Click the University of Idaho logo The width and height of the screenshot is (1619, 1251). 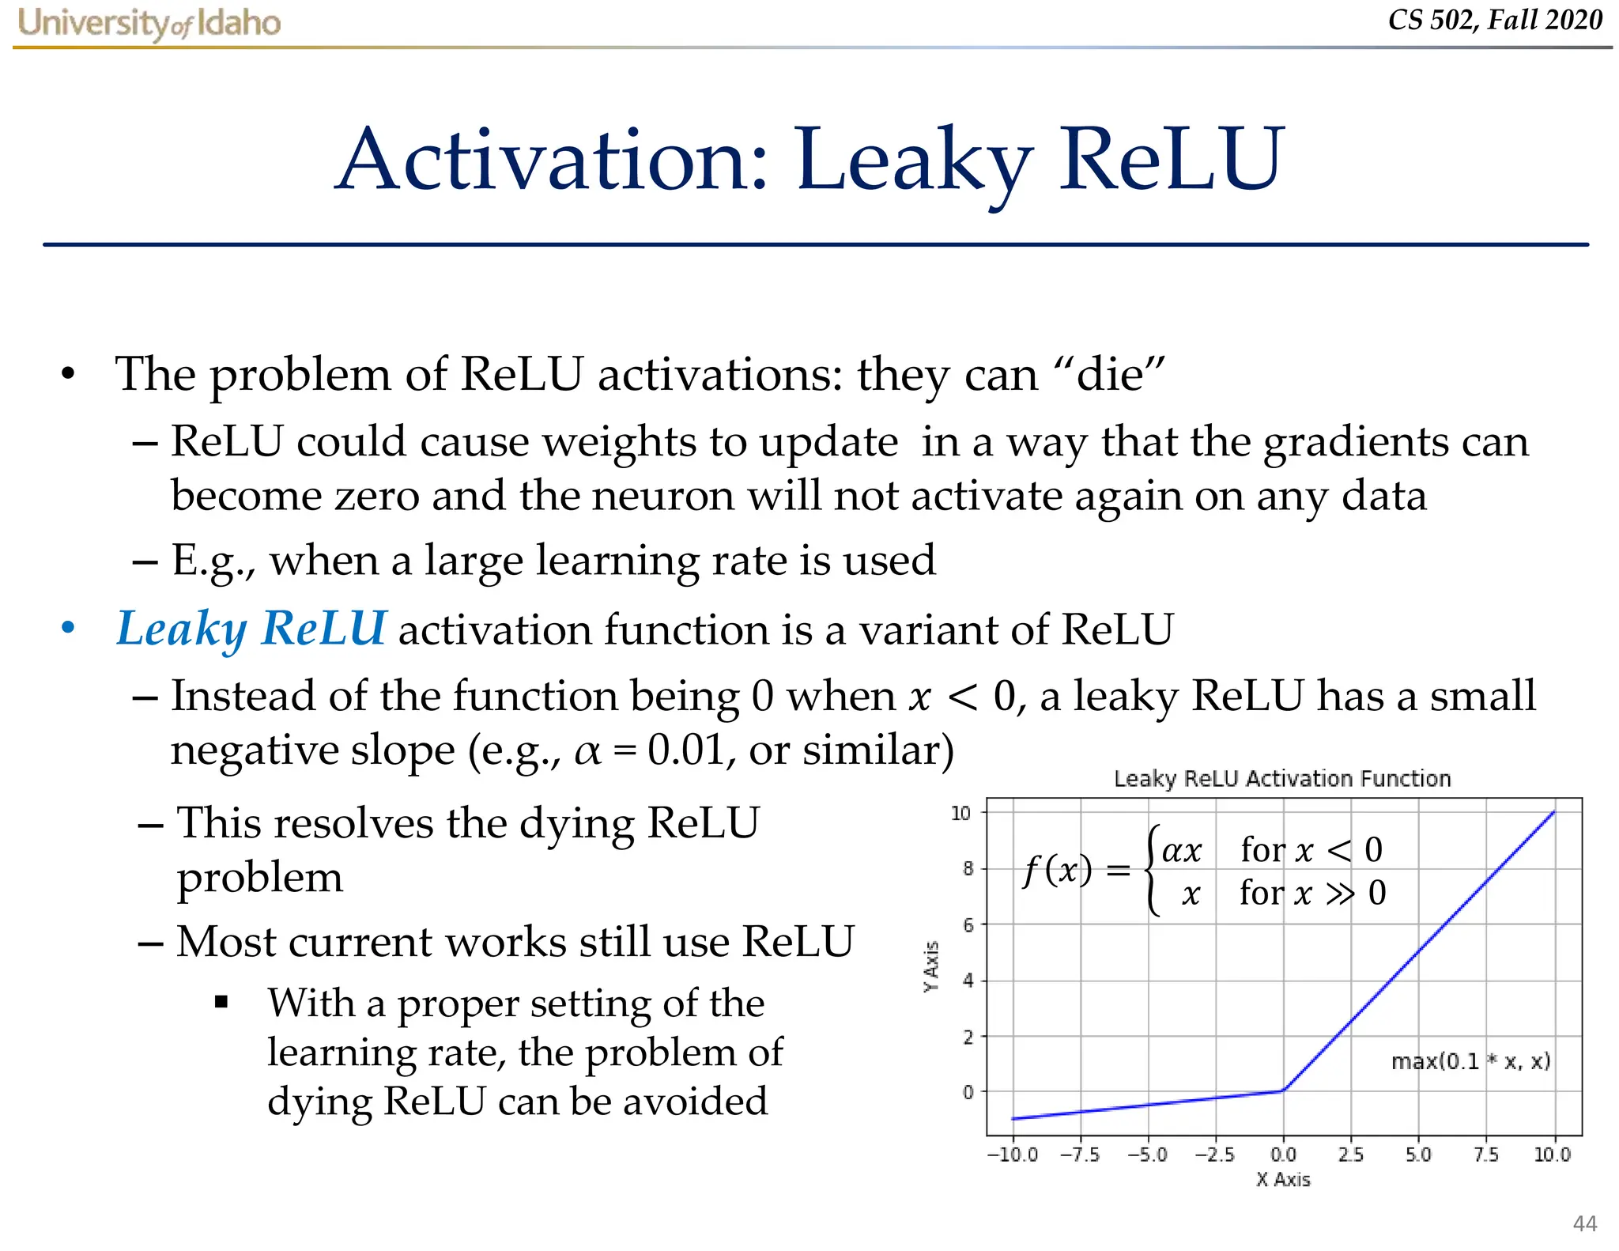click(x=149, y=23)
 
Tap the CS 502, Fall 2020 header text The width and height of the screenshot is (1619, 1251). click(x=1494, y=20)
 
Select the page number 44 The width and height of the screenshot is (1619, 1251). click(x=1584, y=1223)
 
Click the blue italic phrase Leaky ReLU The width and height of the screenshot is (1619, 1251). click(x=251, y=629)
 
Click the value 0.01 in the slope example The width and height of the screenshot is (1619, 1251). click(x=685, y=750)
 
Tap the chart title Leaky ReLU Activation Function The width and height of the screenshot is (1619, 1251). click(x=1282, y=779)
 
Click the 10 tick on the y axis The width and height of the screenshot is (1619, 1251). click(x=960, y=813)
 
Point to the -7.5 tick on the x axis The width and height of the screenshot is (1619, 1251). click(x=1080, y=1155)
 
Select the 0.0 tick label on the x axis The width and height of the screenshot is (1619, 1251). click(x=1283, y=1155)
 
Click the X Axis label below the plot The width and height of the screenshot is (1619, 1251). click(x=1283, y=1180)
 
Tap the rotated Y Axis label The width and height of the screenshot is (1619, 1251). click(x=932, y=966)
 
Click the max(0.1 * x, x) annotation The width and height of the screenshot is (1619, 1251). click(x=1470, y=1061)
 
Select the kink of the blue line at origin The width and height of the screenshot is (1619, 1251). click(x=1282, y=1090)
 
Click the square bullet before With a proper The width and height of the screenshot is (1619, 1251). click(x=221, y=1003)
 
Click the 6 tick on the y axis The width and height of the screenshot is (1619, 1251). click(x=968, y=924)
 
